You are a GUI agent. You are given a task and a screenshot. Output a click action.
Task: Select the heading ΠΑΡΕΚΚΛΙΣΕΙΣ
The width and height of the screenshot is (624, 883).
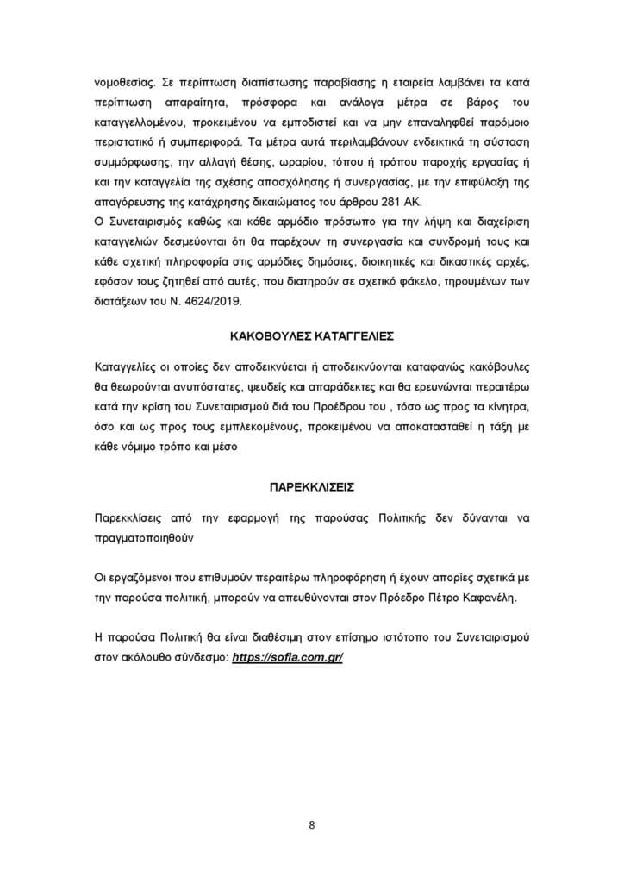(x=311, y=486)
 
